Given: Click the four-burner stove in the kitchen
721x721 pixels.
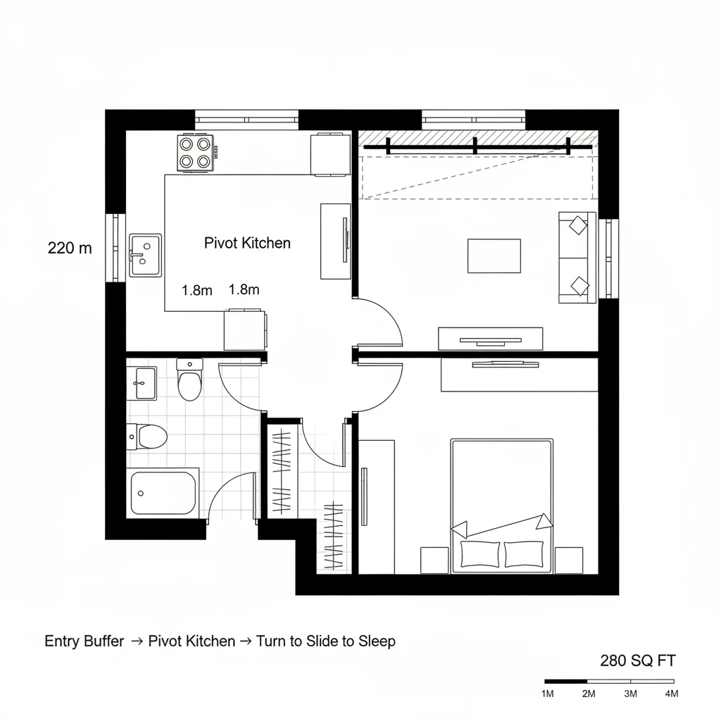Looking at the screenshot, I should [195, 153].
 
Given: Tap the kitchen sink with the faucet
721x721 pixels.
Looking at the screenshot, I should [145, 255].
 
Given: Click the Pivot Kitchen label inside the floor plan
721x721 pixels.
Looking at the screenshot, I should [247, 243].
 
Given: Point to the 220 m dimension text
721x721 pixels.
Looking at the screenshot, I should [70, 248].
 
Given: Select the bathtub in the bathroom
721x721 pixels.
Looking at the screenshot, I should [164, 492].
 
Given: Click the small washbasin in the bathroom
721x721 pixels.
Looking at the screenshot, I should [144, 382].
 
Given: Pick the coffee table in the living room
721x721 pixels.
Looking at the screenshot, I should [494, 256].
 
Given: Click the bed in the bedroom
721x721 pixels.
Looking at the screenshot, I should [501, 506].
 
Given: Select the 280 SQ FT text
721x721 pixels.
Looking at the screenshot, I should [637, 660].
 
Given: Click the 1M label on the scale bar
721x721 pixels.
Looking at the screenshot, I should [548, 694].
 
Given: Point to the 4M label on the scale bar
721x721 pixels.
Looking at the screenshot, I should [671, 694].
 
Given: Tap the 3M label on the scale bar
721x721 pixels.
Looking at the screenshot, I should [630, 694].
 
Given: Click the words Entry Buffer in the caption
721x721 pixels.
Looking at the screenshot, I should [84, 641].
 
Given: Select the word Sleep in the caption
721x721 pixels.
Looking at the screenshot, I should [377, 641].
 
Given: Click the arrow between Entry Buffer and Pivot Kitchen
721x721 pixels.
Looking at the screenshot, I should [137, 641].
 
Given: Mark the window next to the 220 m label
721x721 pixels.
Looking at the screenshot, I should [112, 248].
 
